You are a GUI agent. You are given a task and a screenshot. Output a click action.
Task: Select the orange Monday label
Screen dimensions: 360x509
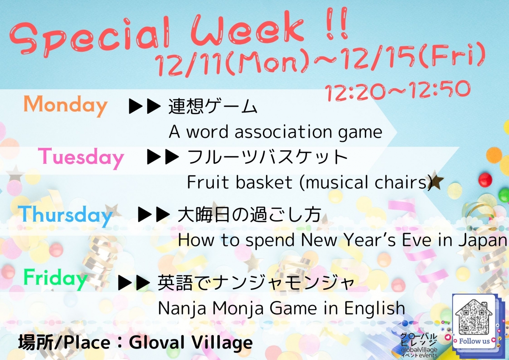pos(65,105)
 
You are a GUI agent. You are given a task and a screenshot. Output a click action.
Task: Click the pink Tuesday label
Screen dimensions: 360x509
pos(81,157)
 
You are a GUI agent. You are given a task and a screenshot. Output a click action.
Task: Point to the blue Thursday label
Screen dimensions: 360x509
pos(65,215)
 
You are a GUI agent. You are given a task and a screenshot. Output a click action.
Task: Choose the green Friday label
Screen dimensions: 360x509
pos(56,278)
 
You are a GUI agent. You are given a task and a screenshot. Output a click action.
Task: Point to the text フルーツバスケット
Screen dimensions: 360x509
pos(267,157)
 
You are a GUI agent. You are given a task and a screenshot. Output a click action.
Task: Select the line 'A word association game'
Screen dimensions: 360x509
pos(276,132)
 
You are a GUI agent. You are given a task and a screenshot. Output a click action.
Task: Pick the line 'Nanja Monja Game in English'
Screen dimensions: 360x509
pos(281,308)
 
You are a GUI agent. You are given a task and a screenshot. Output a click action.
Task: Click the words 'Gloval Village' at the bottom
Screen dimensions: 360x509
pos(191,343)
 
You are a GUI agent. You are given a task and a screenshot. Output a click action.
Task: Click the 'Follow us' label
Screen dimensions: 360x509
pos(474,341)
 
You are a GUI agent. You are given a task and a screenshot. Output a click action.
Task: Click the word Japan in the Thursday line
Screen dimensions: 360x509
pos(488,240)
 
